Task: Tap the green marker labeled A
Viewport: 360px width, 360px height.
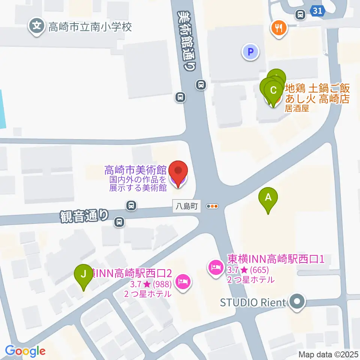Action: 268,198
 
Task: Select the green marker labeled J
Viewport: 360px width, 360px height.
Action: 83,274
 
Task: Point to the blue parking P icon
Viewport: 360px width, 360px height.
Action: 250,51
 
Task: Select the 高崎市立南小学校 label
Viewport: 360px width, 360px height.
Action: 90,27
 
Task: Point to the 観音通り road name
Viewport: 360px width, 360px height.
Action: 84,216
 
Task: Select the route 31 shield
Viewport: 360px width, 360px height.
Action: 318,11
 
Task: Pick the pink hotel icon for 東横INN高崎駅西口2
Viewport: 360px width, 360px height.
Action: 183,281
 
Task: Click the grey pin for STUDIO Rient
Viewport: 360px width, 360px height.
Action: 297,301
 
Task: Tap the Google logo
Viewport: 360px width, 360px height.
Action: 25,351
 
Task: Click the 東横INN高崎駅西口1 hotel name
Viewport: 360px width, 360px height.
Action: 276,259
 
